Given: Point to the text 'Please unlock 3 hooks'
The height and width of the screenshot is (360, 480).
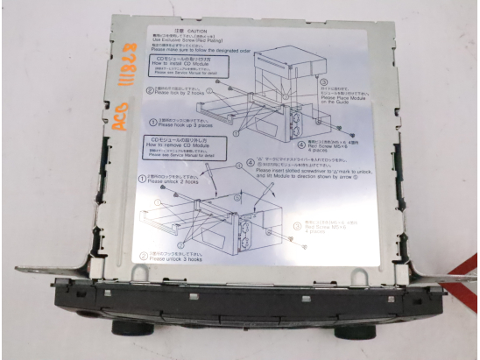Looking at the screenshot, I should [x=183, y=259].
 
